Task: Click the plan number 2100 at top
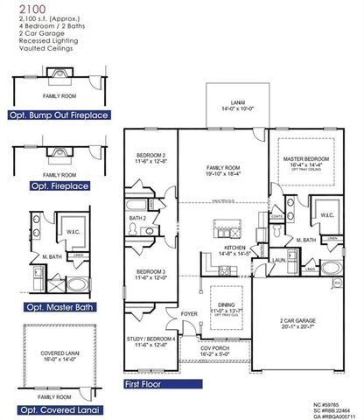18,8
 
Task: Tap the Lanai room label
232,104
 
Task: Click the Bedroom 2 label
150,158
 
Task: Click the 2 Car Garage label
298,323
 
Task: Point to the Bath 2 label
137,218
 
